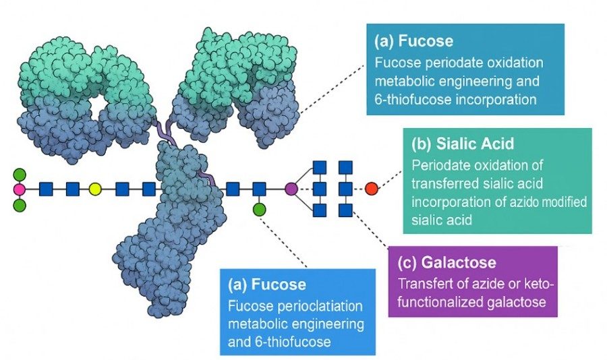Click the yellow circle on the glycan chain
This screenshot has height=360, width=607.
click(95, 189)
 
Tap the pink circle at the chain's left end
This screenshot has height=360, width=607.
click(19, 189)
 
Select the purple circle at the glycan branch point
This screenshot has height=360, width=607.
click(291, 189)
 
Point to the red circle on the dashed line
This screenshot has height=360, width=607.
click(371, 189)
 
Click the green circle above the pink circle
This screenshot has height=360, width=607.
click(19, 173)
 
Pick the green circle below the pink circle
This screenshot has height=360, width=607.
click(19, 204)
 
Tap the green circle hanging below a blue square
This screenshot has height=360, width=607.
click(259, 210)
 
